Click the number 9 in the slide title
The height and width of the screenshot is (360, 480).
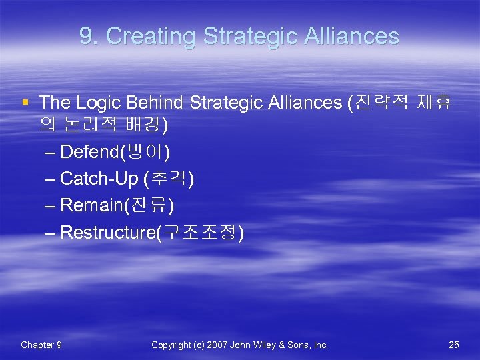[85, 36]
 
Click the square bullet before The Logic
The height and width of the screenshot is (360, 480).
[25, 102]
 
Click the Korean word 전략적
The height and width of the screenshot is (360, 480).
[377, 103]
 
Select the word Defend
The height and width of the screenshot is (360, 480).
[88, 153]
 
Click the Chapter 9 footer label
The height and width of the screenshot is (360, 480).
[41, 345]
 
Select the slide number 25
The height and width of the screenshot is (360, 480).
[454, 345]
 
